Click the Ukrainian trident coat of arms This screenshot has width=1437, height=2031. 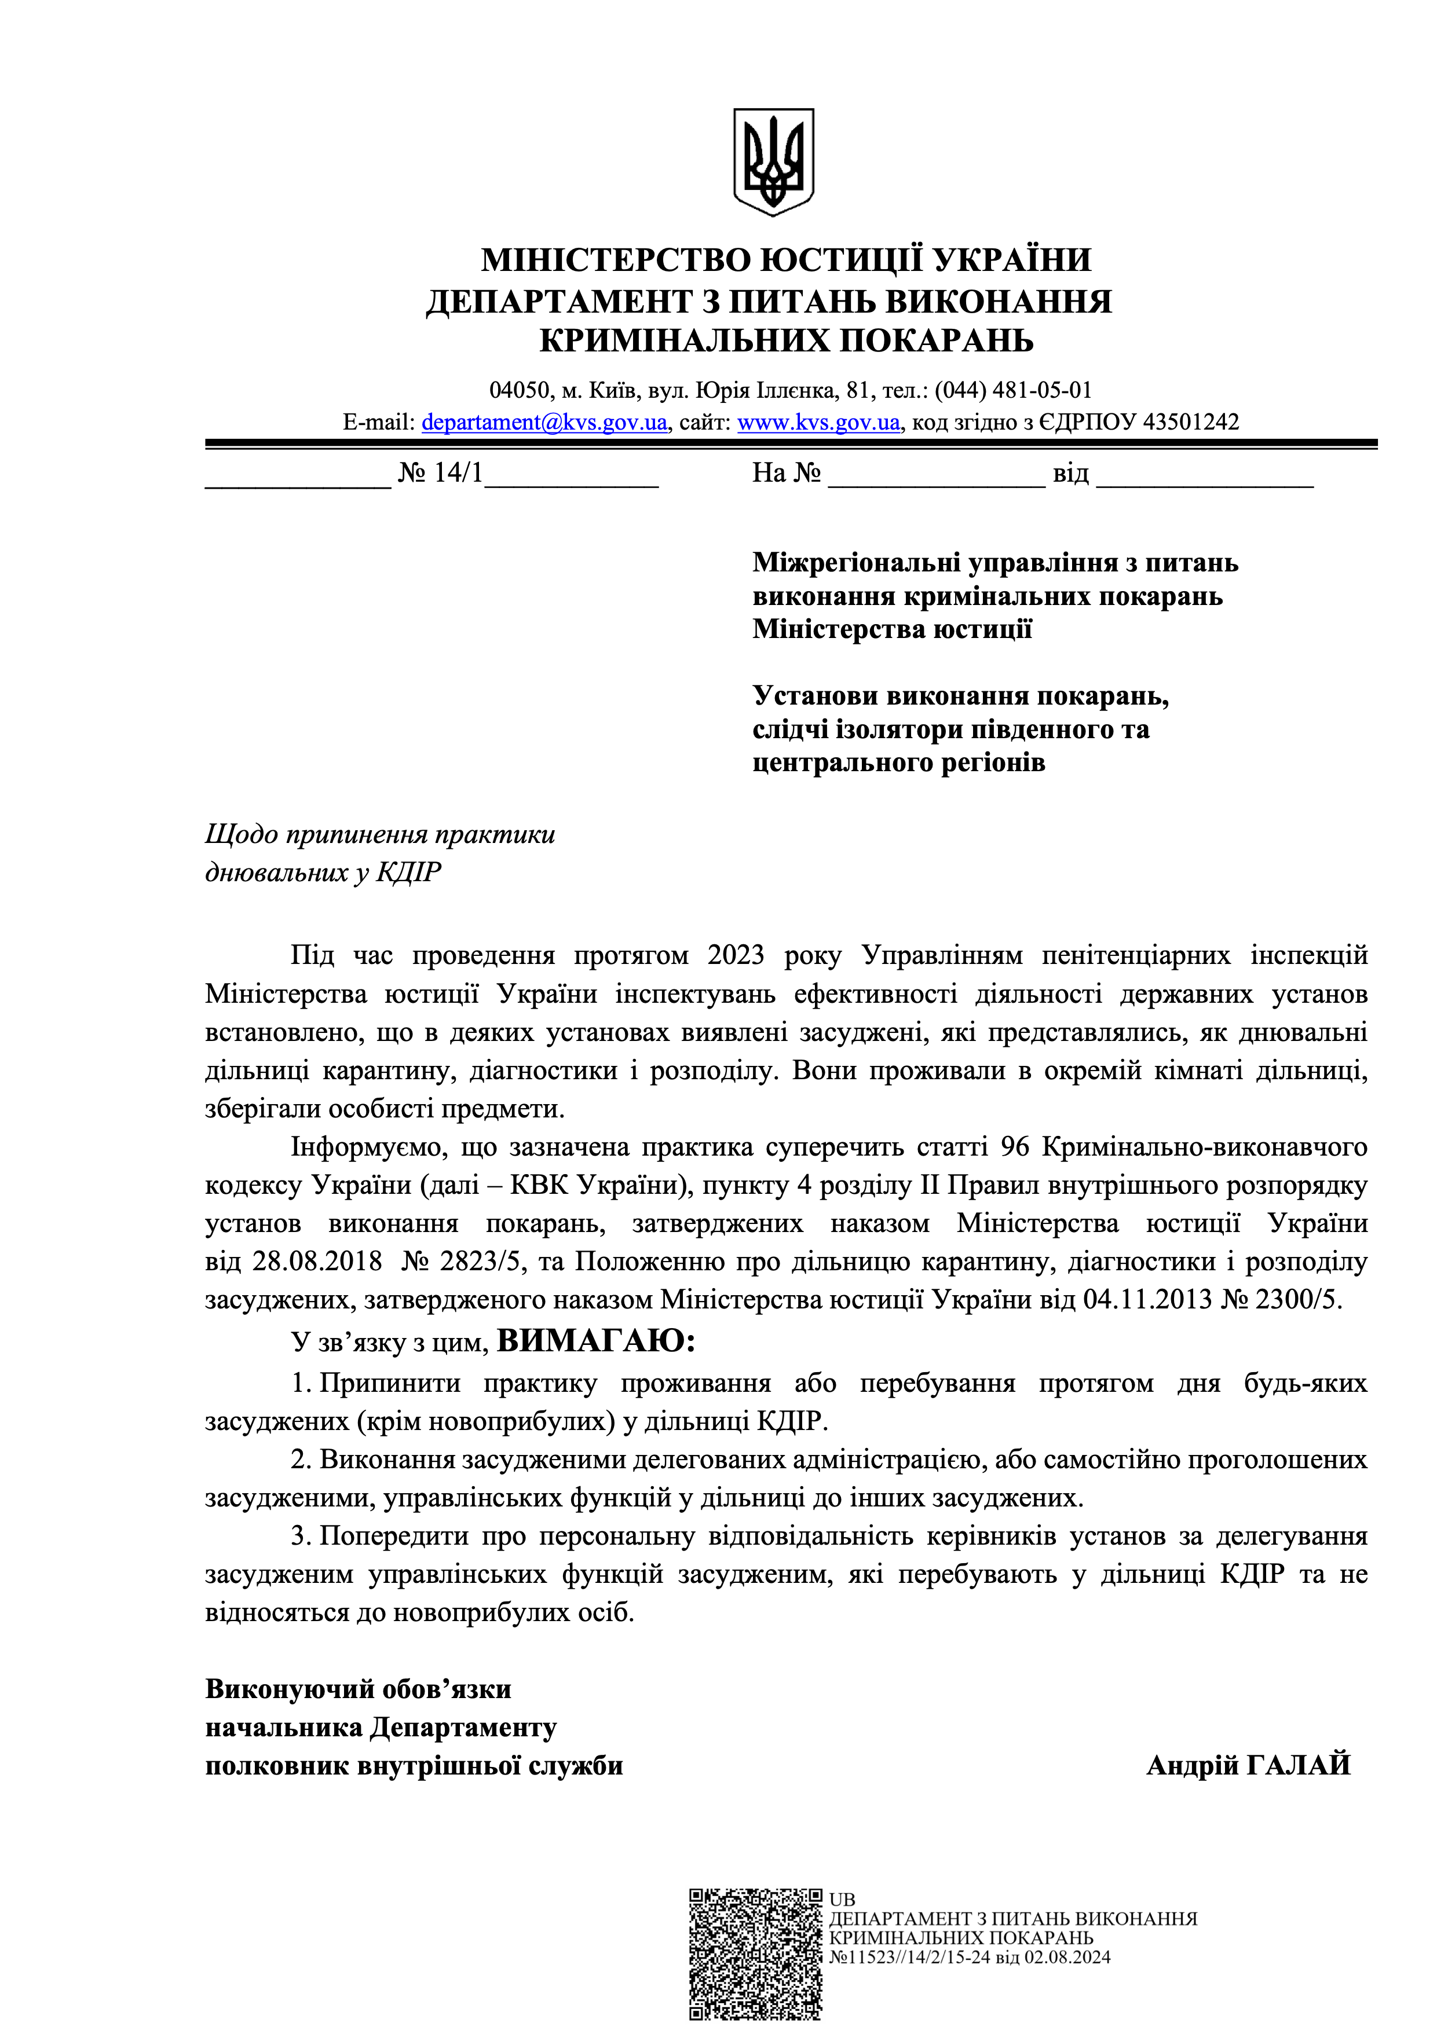(773, 162)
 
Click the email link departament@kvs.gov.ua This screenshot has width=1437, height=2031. (544, 423)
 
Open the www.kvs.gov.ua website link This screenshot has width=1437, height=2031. (818, 423)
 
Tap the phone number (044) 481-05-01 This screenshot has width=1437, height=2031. (1013, 390)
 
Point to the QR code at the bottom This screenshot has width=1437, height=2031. (756, 1953)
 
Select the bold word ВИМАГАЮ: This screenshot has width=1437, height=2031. (595, 1341)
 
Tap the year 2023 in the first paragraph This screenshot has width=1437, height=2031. (736, 955)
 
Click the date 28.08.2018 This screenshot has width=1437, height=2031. (317, 1262)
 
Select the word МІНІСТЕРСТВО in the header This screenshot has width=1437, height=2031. (614, 260)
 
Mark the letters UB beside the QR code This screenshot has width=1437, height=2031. (842, 1899)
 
